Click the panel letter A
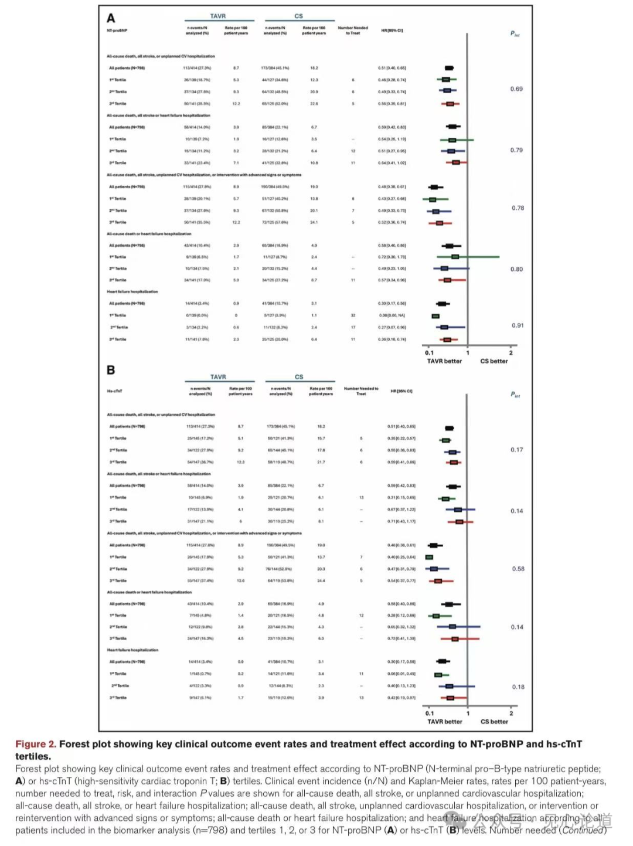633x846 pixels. tap(111, 18)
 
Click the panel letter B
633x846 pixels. tap(111, 370)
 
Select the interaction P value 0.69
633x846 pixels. tap(516, 89)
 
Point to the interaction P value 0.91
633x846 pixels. tap(518, 325)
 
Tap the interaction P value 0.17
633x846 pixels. tap(516, 450)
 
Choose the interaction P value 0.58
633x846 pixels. tap(518, 569)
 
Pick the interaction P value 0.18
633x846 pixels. tap(518, 687)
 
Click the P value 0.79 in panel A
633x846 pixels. tap(516, 150)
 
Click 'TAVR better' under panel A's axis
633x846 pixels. tap(444, 361)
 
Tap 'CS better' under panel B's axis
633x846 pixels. tap(494, 722)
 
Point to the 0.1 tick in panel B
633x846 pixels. tap(430, 714)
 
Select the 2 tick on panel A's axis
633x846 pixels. tap(511, 353)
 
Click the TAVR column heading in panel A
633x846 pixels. tap(218, 16)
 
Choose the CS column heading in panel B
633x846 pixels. tap(299, 377)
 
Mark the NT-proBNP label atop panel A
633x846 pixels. tap(117, 30)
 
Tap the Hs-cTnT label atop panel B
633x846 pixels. tap(114, 391)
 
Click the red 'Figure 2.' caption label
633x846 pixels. tap(36, 744)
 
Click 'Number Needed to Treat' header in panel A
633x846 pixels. tap(353, 30)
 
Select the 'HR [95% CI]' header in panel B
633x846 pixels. tap(401, 391)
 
